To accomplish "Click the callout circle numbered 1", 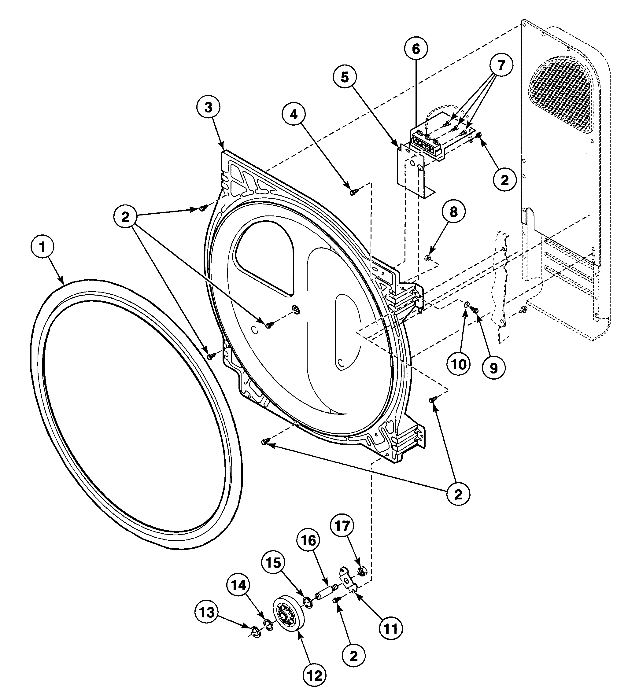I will tap(42, 247).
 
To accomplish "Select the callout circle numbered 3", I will tap(209, 107).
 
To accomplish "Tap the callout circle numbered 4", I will tap(294, 114).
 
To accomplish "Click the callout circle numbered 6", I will tap(416, 49).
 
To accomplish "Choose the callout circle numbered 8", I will tap(453, 212).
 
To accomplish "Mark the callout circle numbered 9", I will tap(494, 368).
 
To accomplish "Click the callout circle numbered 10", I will tap(459, 364).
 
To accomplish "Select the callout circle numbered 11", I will tap(391, 629).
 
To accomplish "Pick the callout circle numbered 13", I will tap(207, 613).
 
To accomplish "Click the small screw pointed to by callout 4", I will tap(353, 193).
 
